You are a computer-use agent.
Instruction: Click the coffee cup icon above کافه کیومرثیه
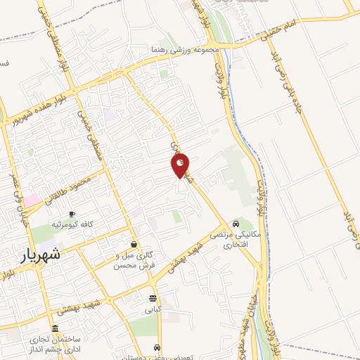pos(72,214)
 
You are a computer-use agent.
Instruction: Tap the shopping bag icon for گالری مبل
pos(134,245)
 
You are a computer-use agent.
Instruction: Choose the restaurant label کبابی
pos(153,309)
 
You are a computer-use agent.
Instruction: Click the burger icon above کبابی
pos(153,298)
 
